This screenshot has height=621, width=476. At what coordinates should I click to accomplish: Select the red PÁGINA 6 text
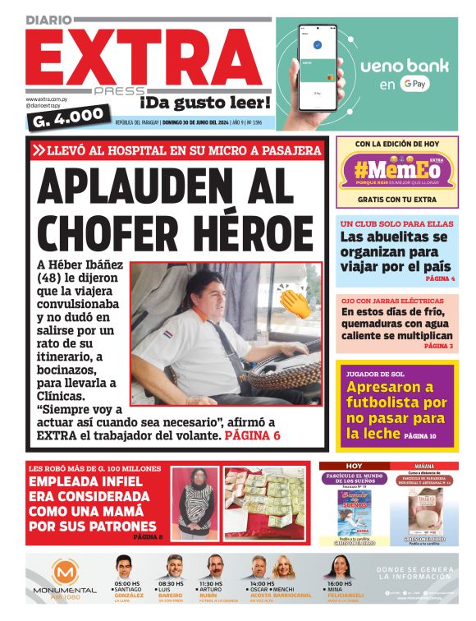click(x=253, y=435)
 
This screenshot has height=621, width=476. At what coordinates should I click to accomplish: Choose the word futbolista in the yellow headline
click(x=396, y=402)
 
